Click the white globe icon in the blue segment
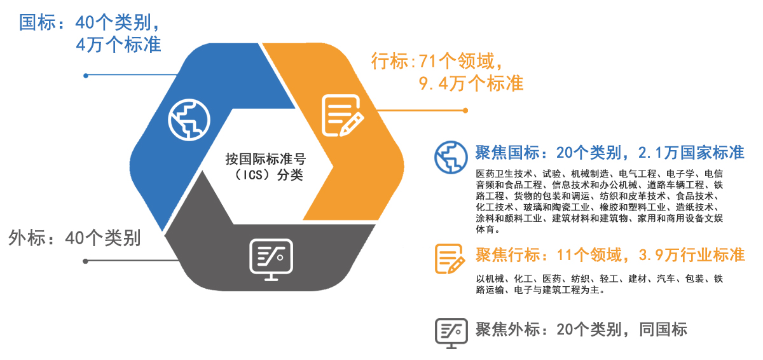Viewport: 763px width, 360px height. [189, 120]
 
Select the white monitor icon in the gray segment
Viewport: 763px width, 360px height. [271, 260]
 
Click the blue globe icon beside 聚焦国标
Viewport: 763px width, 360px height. [451, 157]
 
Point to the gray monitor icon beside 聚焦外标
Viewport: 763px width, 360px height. [451, 333]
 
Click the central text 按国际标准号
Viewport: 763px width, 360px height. [265, 159]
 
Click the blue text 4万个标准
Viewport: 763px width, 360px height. [118, 45]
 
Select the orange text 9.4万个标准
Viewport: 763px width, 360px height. [471, 83]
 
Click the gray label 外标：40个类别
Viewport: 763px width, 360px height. [74, 237]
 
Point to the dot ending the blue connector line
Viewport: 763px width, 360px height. [86, 76]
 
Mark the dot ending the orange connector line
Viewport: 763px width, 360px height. [465, 110]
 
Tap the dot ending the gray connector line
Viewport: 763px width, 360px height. [85, 261]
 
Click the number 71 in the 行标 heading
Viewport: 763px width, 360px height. [428, 61]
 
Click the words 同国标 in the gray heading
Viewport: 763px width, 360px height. [663, 329]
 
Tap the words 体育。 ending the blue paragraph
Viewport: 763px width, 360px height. [488, 229]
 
